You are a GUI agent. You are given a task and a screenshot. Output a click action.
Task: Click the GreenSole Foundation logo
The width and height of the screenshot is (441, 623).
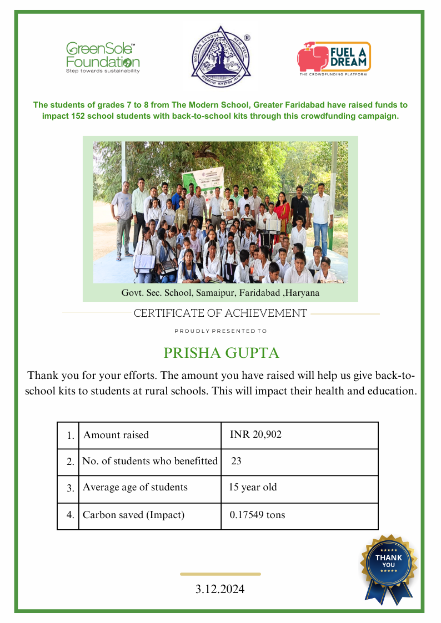(103, 57)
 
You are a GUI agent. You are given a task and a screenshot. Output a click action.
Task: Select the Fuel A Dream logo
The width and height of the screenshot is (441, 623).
(334, 58)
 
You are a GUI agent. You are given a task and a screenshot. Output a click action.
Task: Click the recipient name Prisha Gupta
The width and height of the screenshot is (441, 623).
(221, 353)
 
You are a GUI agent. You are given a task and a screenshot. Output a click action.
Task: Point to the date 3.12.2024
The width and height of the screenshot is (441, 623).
(220, 589)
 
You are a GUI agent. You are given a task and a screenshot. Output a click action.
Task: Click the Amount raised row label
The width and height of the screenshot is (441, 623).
(116, 435)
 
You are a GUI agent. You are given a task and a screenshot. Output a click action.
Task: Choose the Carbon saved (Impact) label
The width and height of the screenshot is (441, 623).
(133, 515)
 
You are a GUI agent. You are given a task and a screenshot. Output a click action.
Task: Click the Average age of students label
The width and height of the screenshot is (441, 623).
(135, 488)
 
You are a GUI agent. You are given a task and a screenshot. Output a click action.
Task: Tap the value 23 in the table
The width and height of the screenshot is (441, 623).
(236, 461)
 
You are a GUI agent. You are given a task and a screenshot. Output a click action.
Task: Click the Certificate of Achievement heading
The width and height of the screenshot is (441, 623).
(220, 313)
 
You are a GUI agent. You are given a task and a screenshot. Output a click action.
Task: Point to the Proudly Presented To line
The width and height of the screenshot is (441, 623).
(220, 331)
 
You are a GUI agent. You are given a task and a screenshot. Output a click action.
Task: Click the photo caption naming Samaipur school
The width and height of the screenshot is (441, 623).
(220, 292)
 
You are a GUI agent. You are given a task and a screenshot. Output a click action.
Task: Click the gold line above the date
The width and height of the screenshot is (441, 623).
(220, 574)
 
